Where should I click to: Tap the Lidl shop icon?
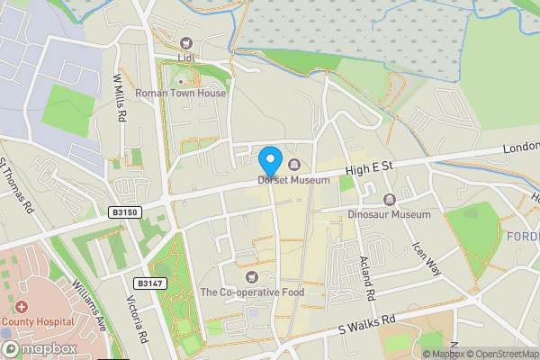pyautogui.click(x=186, y=42)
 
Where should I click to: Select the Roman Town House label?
pyautogui.click(x=180, y=93)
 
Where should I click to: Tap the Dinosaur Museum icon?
pyautogui.click(x=390, y=199)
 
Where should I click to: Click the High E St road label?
pyautogui.click(x=371, y=167)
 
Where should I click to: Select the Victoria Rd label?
pyautogui.click(x=137, y=319)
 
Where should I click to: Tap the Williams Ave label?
pyautogui.click(x=90, y=305)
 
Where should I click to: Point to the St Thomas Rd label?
pyautogui.click(x=17, y=186)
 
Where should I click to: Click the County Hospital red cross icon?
pyautogui.click(x=20, y=307)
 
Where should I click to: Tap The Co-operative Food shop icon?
pyautogui.click(x=252, y=275)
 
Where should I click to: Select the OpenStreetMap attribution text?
pyautogui.click(x=500, y=354)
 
